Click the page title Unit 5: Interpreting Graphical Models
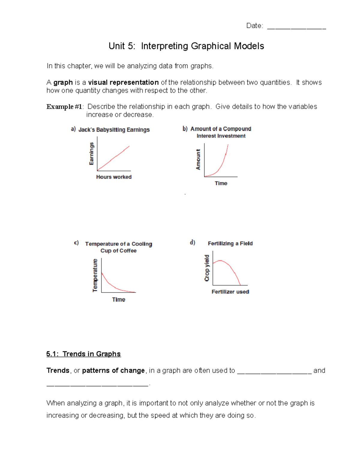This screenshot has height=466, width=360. coord(186,46)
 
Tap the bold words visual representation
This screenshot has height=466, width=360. coord(123,83)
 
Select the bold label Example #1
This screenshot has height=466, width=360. coord(64,107)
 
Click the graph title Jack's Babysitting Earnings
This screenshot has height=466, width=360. coord(114,130)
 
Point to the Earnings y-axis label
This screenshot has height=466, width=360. coord(91,154)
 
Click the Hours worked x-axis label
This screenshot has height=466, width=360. coord(114,177)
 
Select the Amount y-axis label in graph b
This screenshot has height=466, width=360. coord(198,160)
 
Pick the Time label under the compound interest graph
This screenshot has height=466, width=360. coord(221,183)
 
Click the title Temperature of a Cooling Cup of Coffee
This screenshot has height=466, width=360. coord(118,247)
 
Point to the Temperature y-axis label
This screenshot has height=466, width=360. coord(95,275)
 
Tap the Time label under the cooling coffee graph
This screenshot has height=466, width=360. coord(118,299)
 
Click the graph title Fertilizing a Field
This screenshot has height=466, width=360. coord(230,243)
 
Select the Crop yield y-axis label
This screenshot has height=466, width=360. coord(207,268)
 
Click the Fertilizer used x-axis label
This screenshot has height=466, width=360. coord(230,292)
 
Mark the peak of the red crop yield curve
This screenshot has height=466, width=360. coord(220,261)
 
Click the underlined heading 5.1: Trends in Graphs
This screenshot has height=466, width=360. coord(83,354)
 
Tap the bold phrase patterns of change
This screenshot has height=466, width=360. coord(113,371)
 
